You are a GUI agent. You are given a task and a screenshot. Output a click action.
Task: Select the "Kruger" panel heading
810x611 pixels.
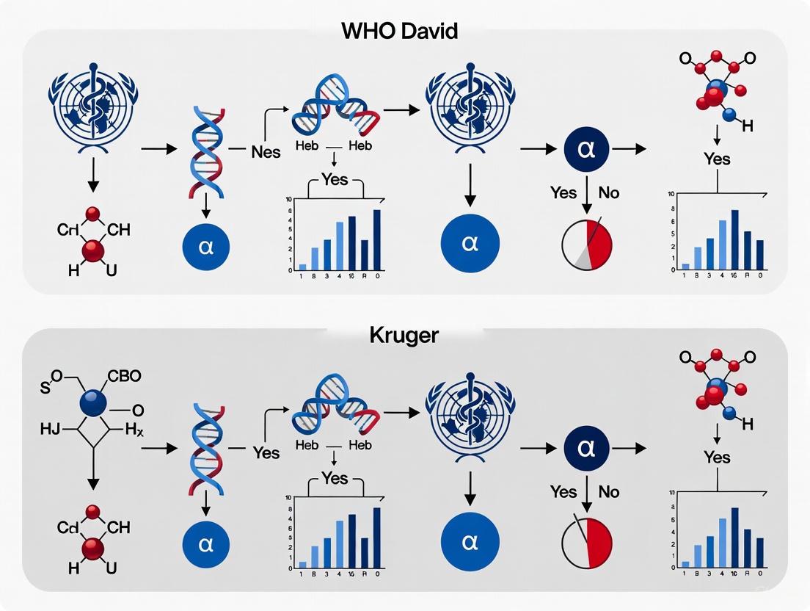405,336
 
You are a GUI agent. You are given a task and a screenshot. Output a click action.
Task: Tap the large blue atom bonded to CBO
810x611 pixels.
91,402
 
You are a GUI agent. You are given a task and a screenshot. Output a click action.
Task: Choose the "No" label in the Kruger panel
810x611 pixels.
608,491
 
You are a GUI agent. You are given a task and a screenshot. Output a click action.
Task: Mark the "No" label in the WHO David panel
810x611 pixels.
608,192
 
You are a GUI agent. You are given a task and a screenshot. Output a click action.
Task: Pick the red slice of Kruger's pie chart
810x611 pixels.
600,541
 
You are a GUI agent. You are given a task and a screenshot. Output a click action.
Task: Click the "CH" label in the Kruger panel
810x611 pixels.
118,528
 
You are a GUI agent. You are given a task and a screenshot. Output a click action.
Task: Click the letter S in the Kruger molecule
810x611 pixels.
45,387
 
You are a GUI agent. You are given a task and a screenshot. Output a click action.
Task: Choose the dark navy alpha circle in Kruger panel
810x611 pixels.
586,447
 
